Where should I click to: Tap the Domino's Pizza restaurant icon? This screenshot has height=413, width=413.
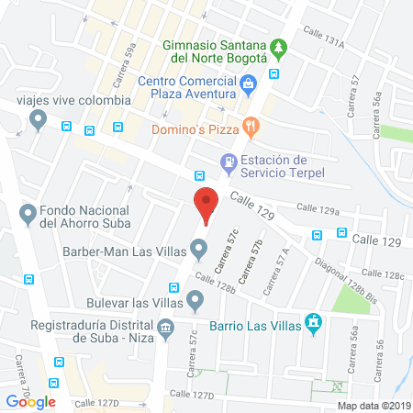248,125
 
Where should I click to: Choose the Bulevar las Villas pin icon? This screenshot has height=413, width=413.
195,299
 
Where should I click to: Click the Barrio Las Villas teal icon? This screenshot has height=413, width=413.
314,323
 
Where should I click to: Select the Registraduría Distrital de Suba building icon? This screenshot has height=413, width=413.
165,327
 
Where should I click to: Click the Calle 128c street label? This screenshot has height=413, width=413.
383,274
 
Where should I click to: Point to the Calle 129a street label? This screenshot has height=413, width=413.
320,210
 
